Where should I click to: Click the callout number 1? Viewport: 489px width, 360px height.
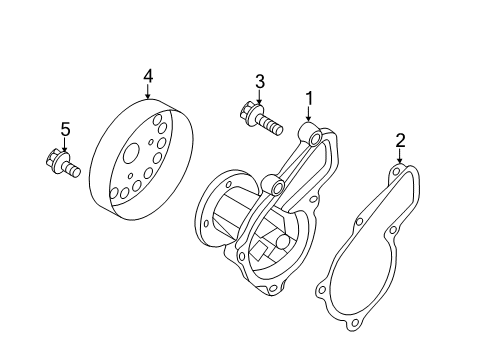click(x=310, y=98)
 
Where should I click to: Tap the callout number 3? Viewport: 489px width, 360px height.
click(x=259, y=81)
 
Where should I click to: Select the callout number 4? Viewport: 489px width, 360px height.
click(x=148, y=75)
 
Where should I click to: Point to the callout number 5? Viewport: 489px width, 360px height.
click(x=66, y=129)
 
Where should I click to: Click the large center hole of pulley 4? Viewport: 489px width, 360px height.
click(x=130, y=156)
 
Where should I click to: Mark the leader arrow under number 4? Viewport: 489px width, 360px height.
click(x=148, y=93)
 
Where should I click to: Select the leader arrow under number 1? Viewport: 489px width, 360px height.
click(x=310, y=116)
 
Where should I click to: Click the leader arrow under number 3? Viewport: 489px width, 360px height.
click(x=259, y=99)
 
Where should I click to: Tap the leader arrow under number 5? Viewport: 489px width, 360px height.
click(x=66, y=146)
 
